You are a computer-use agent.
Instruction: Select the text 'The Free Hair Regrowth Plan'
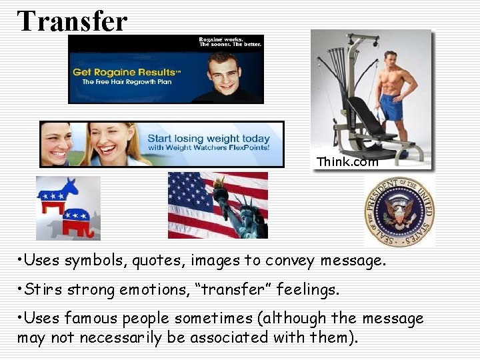(127, 82)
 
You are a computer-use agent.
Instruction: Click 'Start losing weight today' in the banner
(209, 138)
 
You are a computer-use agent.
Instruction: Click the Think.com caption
(347, 162)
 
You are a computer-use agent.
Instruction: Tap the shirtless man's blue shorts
(391, 107)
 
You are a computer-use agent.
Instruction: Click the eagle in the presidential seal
(399, 212)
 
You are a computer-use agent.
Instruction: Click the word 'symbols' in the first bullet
(97, 260)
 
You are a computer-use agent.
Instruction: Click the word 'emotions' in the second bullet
(123, 290)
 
